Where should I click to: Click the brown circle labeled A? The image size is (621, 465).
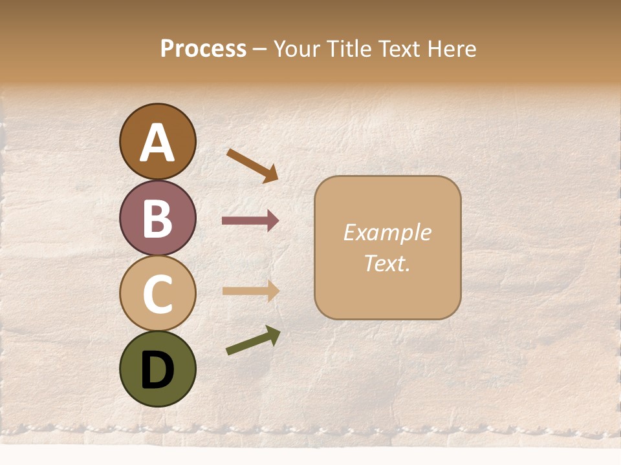point(158,141)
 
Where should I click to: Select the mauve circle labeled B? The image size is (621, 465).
point(158,218)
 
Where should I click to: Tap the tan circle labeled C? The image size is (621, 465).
point(158,293)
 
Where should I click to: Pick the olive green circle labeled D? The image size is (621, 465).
point(158,369)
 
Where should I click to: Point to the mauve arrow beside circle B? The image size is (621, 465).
point(250,221)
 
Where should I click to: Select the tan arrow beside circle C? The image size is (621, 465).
point(250,291)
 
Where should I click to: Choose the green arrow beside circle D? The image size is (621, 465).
point(253,340)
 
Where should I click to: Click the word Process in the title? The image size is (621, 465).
point(203,49)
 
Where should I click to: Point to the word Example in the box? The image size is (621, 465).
point(387,232)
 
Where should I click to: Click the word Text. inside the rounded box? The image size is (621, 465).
point(387,263)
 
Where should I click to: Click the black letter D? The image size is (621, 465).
point(158,371)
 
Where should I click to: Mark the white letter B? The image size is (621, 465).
point(158,218)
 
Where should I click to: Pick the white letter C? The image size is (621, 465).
point(158,294)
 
